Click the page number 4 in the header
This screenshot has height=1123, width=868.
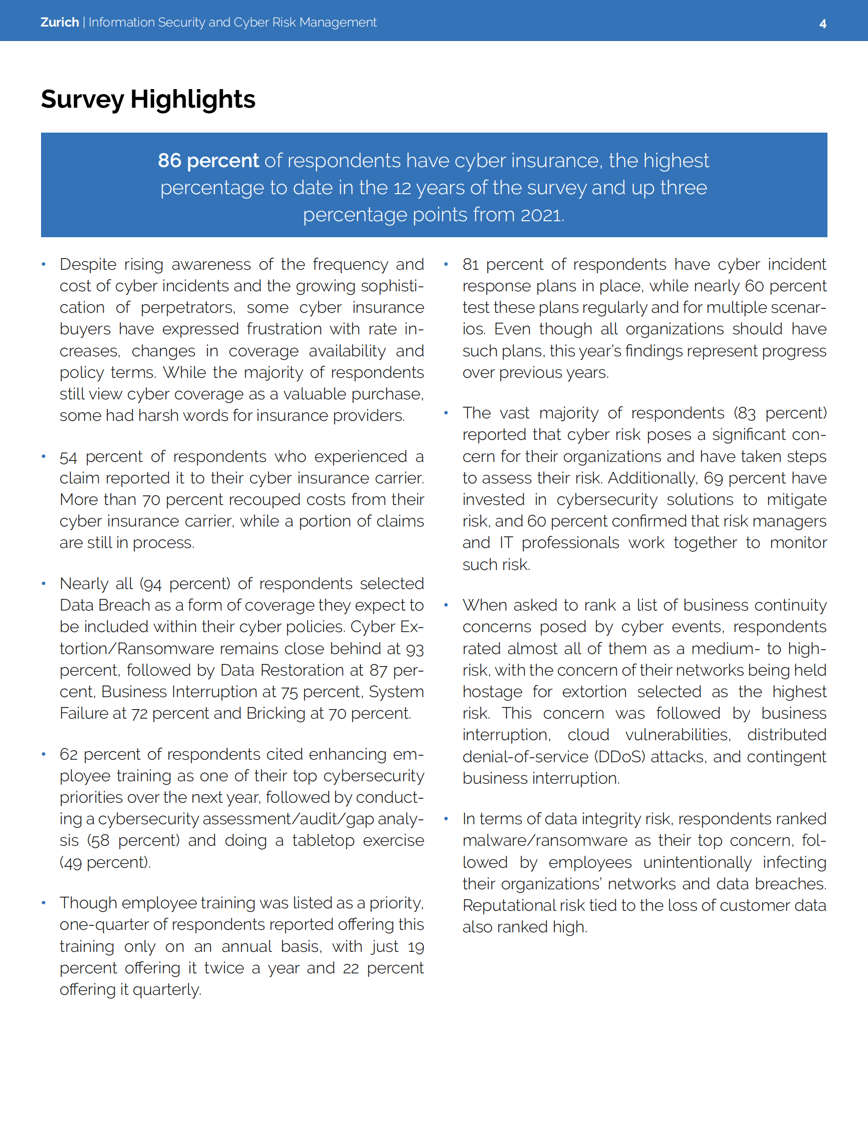(x=823, y=24)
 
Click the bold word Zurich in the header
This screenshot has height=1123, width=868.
(x=60, y=22)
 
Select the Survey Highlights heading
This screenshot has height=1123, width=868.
(x=148, y=99)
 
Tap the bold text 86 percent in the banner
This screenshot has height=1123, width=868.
(x=208, y=161)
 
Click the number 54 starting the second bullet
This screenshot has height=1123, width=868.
(x=69, y=456)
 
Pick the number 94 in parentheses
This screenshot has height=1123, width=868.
(x=152, y=584)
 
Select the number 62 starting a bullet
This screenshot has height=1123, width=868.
(x=69, y=754)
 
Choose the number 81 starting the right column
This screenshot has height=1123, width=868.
(x=471, y=264)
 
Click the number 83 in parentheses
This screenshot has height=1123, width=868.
(x=745, y=413)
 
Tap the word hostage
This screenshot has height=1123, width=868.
(x=492, y=692)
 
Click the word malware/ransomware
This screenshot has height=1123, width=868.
(x=545, y=840)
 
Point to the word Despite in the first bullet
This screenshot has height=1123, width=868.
(x=88, y=264)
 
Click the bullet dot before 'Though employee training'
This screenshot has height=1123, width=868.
(x=44, y=903)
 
